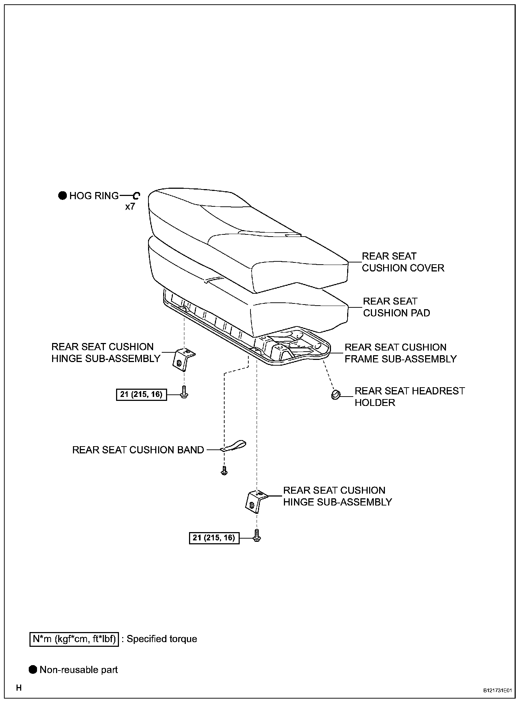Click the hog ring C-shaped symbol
click(136, 196)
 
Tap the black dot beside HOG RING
click(63, 196)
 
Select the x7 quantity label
click(130, 207)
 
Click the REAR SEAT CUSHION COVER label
click(402, 262)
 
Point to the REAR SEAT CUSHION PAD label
click(396, 307)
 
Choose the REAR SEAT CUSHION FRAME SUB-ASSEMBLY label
click(400, 353)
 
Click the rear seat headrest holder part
click(336, 395)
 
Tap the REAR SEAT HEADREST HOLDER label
click(409, 397)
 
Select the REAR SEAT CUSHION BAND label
click(138, 450)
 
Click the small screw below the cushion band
click(224, 471)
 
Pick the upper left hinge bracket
click(184, 359)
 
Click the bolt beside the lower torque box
click(257, 535)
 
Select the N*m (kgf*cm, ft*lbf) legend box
click(74, 639)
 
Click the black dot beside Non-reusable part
click(33, 670)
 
